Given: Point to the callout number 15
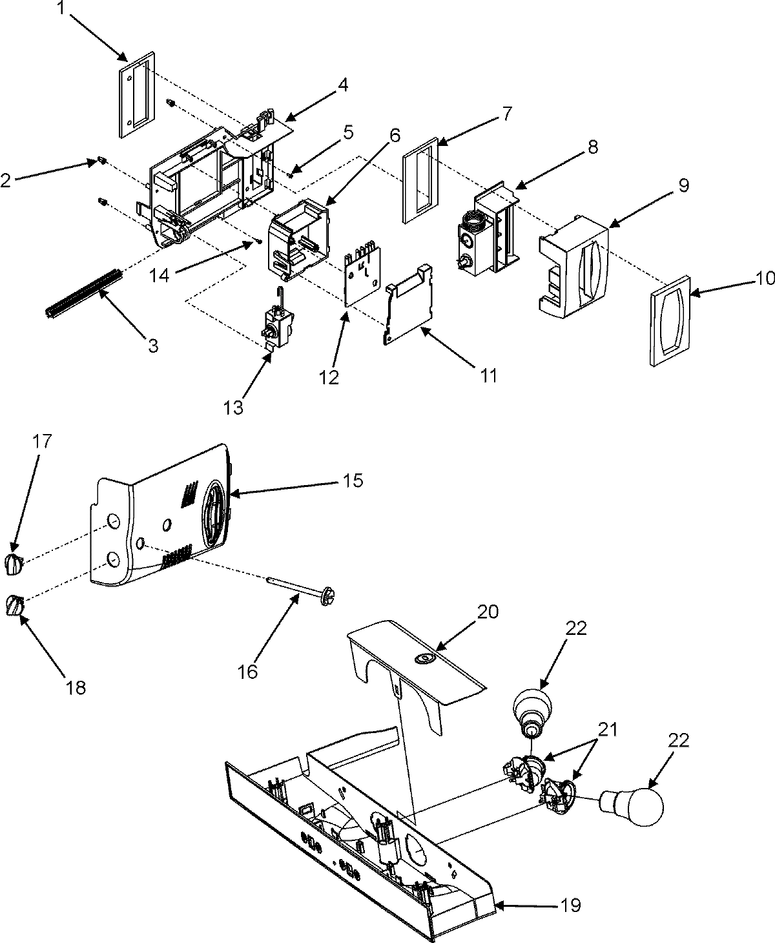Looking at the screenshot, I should coord(371,481).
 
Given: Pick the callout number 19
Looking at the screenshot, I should coord(570,906).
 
